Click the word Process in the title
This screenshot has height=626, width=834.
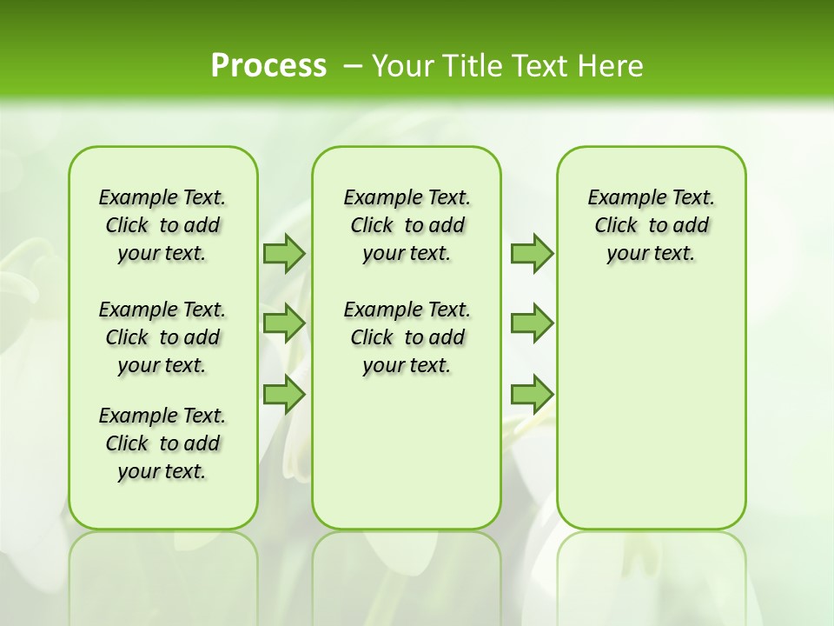click(268, 66)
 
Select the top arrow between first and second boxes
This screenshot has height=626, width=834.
click(284, 253)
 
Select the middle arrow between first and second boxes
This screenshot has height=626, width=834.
click(284, 323)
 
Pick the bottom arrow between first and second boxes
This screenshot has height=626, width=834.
click(284, 395)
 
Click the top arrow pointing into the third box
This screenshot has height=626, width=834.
click(532, 253)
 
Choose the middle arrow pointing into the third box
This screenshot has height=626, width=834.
click(532, 323)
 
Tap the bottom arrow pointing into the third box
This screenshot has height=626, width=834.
click(532, 395)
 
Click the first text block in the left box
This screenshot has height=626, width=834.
click(162, 225)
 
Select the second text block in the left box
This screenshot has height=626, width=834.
click(162, 337)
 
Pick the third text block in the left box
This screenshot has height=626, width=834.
click(162, 443)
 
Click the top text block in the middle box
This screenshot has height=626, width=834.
click(407, 225)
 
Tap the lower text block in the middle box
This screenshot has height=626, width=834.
click(407, 337)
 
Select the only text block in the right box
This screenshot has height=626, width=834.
click(651, 225)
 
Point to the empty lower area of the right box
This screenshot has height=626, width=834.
click(651, 409)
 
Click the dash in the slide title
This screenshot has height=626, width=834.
click(353, 67)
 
